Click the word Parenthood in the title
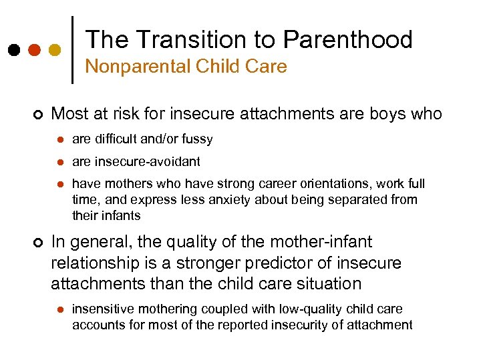[x=347, y=40]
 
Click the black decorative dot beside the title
[x=13, y=50]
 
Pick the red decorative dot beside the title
[x=34, y=50]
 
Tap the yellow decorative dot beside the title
[x=55, y=50]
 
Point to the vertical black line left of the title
[x=72, y=50]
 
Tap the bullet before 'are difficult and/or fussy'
[x=59, y=140]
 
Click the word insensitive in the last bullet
[x=101, y=309]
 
